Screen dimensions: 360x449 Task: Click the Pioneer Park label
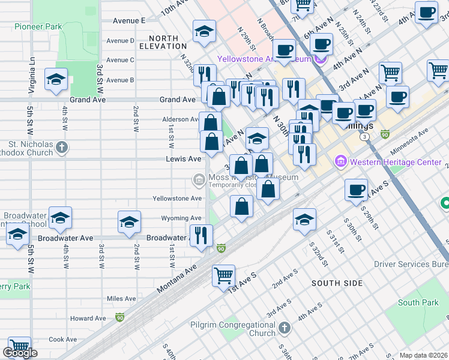click(x=38, y=27)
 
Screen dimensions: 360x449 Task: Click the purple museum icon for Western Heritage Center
click(x=341, y=161)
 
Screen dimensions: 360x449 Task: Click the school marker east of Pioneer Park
click(x=55, y=79)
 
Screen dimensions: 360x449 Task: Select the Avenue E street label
click(x=129, y=20)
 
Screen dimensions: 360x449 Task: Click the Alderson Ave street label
click(x=181, y=119)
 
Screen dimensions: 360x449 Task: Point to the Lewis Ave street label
click(x=184, y=159)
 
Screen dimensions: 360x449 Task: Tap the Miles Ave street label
click(x=121, y=299)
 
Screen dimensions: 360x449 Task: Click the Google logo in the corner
click(x=20, y=353)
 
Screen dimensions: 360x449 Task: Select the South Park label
click(x=418, y=303)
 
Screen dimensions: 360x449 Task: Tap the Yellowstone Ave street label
click(x=177, y=199)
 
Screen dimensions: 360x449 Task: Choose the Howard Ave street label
click(x=88, y=319)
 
